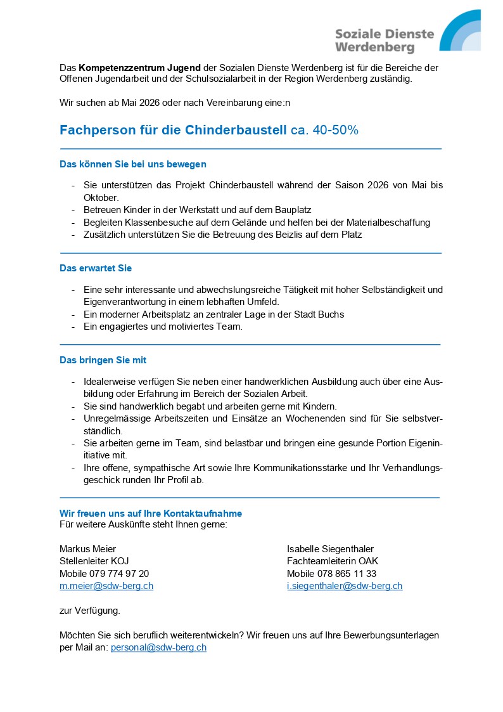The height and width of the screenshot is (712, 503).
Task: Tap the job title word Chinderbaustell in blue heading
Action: coord(236,130)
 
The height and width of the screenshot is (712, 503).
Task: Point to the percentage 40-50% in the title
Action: coord(336,130)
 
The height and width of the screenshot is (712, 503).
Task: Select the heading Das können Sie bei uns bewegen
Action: coord(133,164)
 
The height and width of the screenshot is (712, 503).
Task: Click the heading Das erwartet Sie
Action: coord(96,268)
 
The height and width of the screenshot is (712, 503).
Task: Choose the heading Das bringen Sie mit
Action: coord(103,360)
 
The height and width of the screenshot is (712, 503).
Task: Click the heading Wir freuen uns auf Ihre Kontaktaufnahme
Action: coord(151,513)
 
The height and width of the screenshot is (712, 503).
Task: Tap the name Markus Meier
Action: coord(88,549)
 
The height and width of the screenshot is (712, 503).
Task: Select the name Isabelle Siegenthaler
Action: coord(330,549)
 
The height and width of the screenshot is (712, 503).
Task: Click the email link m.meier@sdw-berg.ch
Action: coord(106,586)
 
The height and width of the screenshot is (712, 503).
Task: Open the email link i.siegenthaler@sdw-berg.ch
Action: coord(345,586)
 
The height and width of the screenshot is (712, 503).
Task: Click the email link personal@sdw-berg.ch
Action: coord(158,647)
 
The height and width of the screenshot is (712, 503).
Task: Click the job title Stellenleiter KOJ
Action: coord(94,561)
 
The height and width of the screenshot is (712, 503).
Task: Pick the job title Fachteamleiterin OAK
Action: coord(333,561)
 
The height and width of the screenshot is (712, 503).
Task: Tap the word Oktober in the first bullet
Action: coord(101,198)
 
